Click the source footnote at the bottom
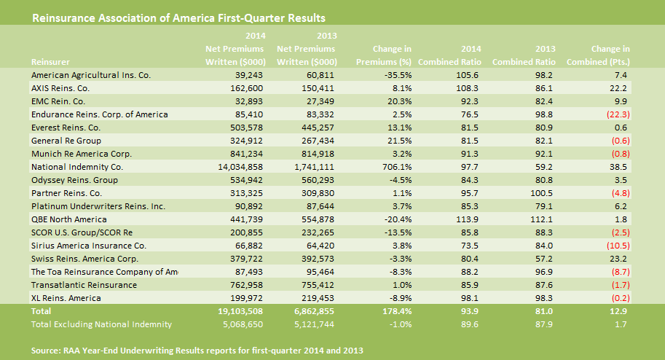pos(197,351)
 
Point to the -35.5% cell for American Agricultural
pos(398,74)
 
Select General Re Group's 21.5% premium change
pos(399,141)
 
